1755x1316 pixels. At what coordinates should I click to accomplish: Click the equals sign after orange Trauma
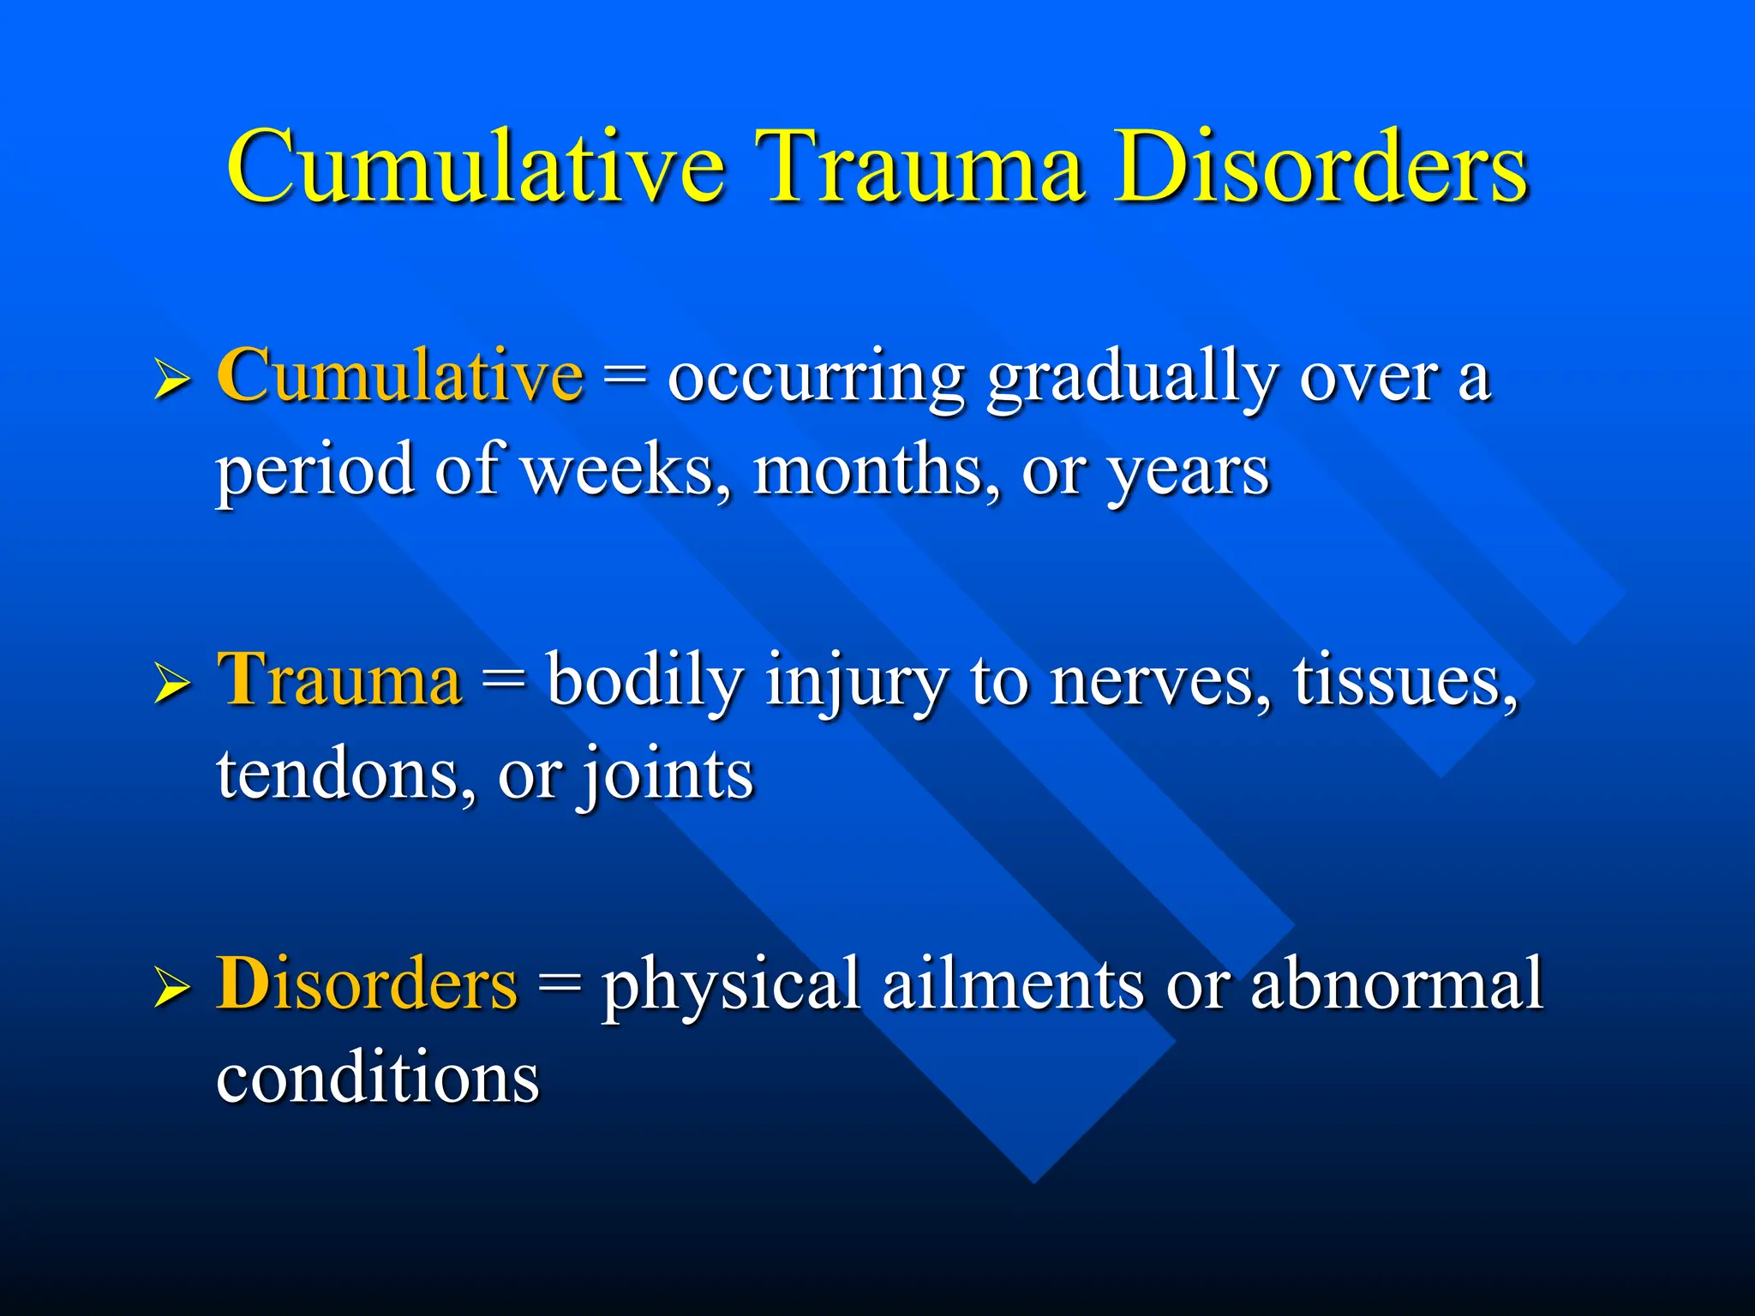[503, 681]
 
